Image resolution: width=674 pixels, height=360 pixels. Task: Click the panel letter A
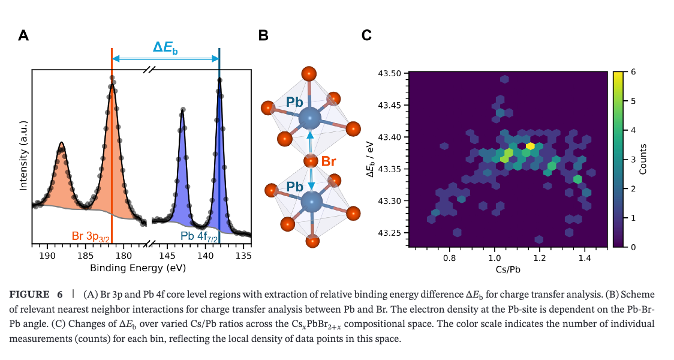coord(23,35)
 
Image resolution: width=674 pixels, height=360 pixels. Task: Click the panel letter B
coord(263,35)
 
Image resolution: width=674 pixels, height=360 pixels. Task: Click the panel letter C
coord(366,35)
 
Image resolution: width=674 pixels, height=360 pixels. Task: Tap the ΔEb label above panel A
coord(165,47)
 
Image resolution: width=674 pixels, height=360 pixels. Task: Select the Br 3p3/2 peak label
coord(91,236)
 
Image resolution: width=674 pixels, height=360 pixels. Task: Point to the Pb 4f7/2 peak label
coord(199,236)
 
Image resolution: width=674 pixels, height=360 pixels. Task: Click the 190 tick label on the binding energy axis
coord(47,256)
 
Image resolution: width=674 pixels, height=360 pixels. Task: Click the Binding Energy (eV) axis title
coord(138,268)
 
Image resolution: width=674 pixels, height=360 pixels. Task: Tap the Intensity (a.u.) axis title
coord(23,155)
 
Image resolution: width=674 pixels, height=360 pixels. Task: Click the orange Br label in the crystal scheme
coord(329,161)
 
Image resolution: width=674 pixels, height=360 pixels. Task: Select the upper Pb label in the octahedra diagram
coord(294,103)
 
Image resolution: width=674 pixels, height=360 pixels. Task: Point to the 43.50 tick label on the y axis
coord(389,73)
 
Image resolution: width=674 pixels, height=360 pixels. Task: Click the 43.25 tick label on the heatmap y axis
coord(389,233)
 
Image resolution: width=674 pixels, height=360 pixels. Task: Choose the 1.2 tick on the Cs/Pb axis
coord(540,259)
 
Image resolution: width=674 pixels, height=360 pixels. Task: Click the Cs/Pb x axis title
coord(508,269)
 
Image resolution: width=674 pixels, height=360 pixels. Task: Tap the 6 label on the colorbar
coord(633,72)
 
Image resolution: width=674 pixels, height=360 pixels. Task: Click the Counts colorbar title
coord(643,159)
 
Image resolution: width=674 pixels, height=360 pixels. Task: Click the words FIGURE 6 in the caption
coord(35,295)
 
